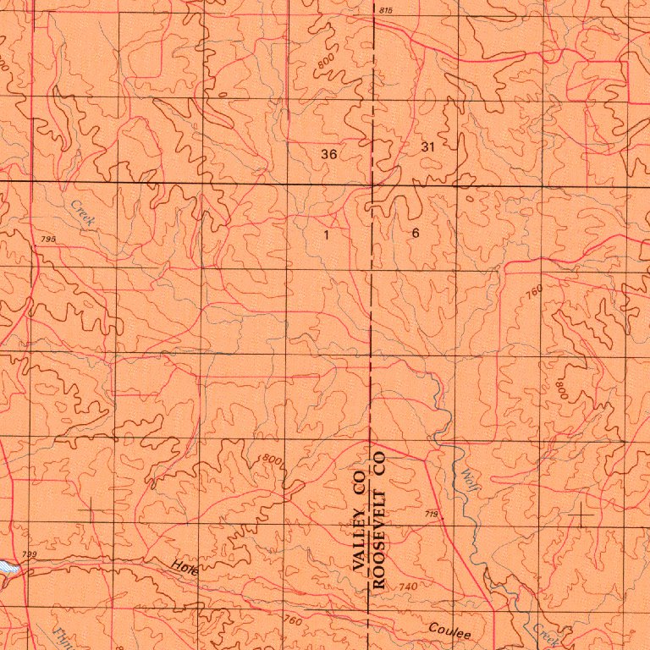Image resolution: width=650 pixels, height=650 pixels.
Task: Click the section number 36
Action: [x=329, y=154]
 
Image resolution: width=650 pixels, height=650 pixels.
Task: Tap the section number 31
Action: [x=427, y=146]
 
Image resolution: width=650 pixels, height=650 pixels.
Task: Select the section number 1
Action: [x=327, y=234]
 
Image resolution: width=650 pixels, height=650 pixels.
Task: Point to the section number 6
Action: [x=416, y=232]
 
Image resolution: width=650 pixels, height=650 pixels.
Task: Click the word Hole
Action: [x=184, y=568]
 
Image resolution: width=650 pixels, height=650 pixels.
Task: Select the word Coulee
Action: [x=449, y=630]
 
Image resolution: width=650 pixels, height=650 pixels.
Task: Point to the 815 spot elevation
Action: [x=386, y=9]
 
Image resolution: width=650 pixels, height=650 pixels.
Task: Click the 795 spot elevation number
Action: [x=47, y=240]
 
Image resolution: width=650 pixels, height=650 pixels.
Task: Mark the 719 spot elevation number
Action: [x=432, y=514]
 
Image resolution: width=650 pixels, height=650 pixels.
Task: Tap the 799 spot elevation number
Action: [x=30, y=554]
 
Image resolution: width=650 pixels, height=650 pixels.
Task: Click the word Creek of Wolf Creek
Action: [x=542, y=631]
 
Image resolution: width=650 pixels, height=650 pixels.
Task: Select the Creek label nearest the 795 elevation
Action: [x=84, y=212]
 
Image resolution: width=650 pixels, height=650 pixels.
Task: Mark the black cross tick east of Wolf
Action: [x=581, y=515]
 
